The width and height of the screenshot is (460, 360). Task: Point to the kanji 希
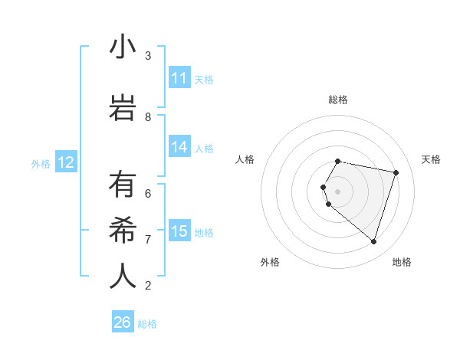[123, 231]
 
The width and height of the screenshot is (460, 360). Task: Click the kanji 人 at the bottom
[123, 277]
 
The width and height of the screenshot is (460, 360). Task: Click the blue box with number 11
[179, 78]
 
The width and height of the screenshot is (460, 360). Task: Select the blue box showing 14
[179, 147]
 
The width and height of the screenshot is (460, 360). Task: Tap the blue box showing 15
[179, 231]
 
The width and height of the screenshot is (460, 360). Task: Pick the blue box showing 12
[66, 162]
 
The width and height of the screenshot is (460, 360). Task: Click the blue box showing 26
[123, 322]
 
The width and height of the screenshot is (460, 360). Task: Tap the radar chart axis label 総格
[338, 100]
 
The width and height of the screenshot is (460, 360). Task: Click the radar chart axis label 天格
[431, 159]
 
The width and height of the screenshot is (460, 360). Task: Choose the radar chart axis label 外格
[270, 262]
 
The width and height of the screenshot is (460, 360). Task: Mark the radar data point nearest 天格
[396, 172]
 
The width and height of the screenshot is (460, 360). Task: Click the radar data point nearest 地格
[373, 241]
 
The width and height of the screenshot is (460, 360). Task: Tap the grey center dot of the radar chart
[338, 191]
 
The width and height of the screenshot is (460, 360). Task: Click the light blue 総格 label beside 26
[147, 324]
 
